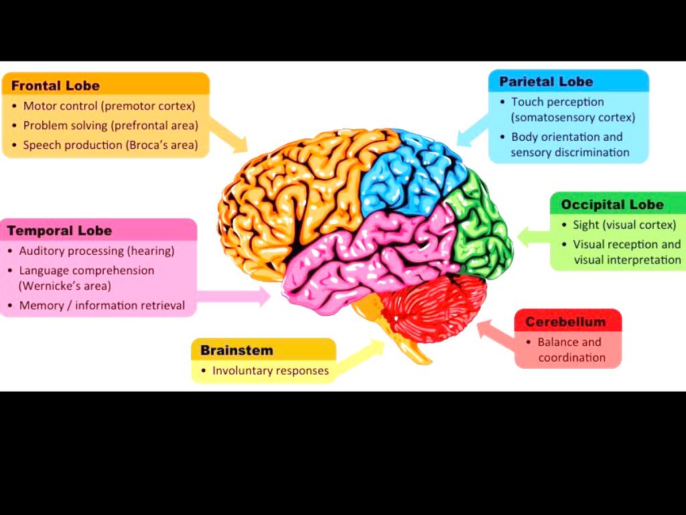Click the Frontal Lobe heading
pos(56,86)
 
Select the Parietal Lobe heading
pos(546,82)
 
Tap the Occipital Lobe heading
pos(612,205)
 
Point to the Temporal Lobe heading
pos(60,231)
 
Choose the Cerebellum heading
pos(565,322)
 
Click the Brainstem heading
pos(236,350)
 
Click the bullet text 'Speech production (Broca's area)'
pos(111,145)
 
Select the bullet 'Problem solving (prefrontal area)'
pos(111,125)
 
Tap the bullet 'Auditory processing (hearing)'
pos(96,251)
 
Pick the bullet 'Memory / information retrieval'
pos(102,305)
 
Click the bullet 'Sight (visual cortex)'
pos(624,225)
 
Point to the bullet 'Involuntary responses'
pos(270,370)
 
